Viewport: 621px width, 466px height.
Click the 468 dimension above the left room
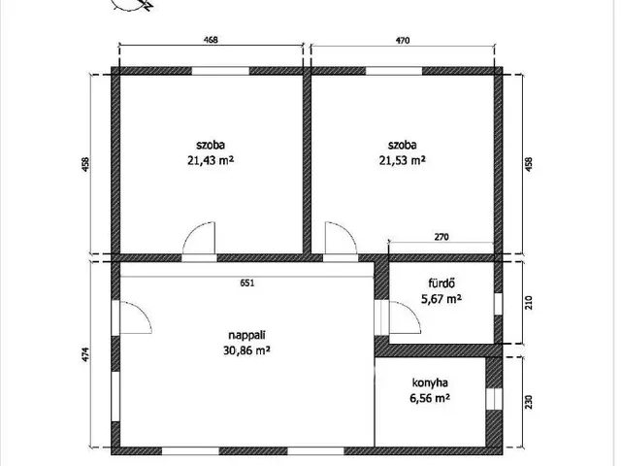coord(211,40)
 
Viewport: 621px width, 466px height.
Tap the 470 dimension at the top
coord(403,40)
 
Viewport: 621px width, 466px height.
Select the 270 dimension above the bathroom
coord(441,237)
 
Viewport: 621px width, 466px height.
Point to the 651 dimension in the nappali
coord(247,283)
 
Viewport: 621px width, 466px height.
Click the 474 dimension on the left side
coord(86,354)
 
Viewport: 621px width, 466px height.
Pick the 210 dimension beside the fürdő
coord(529,303)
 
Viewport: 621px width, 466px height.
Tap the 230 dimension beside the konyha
coord(529,402)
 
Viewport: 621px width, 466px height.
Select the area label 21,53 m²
coord(403,160)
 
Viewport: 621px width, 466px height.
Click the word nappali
coord(247,336)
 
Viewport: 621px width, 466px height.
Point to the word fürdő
coord(441,283)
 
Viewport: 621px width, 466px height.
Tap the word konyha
coord(430,383)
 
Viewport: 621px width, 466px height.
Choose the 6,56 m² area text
coord(430,398)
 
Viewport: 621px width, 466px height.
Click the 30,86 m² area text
coord(247,350)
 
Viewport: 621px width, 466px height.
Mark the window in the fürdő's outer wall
coord(498,304)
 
